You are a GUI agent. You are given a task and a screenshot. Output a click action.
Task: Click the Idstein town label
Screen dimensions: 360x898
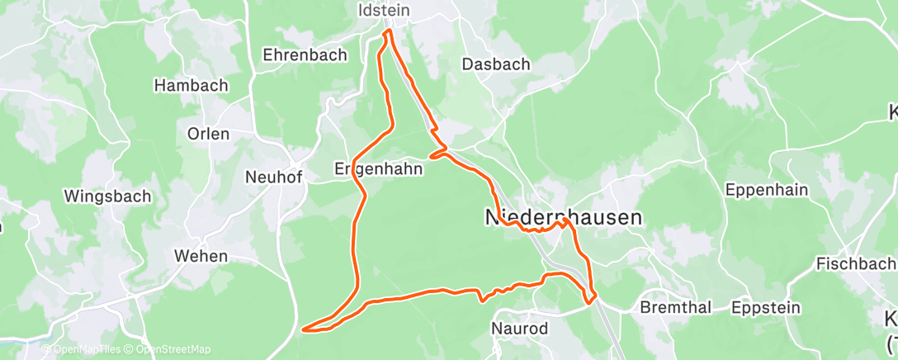(x=385, y=12)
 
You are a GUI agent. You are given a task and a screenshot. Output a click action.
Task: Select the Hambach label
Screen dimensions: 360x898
(x=191, y=85)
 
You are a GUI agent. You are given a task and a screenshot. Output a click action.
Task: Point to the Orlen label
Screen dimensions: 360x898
(x=208, y=133)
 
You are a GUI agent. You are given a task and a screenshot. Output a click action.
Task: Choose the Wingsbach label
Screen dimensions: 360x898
(x=108, y=197)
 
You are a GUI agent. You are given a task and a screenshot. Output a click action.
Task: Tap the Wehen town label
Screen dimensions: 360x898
(x=201, y=256)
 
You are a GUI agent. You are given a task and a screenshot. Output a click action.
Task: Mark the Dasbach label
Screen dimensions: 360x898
(x=496, y=64)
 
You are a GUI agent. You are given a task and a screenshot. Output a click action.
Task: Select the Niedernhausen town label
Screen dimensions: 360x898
(x=563, y=217)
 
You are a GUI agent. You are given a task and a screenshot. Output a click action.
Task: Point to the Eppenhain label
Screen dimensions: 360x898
(x=766, y=190)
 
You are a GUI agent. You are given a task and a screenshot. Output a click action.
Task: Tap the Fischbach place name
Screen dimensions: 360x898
(x=855, y=264)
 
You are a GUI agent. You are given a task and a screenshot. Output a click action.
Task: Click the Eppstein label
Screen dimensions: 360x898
(x=766, y=308)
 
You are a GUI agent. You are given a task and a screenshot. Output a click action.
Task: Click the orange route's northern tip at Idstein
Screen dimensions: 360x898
(x=388, y=32)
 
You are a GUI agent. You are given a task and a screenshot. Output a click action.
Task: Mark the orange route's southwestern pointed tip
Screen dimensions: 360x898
(x=305, y=329)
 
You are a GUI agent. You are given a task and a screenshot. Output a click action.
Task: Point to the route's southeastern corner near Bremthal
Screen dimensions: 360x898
(x=590, y=301)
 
